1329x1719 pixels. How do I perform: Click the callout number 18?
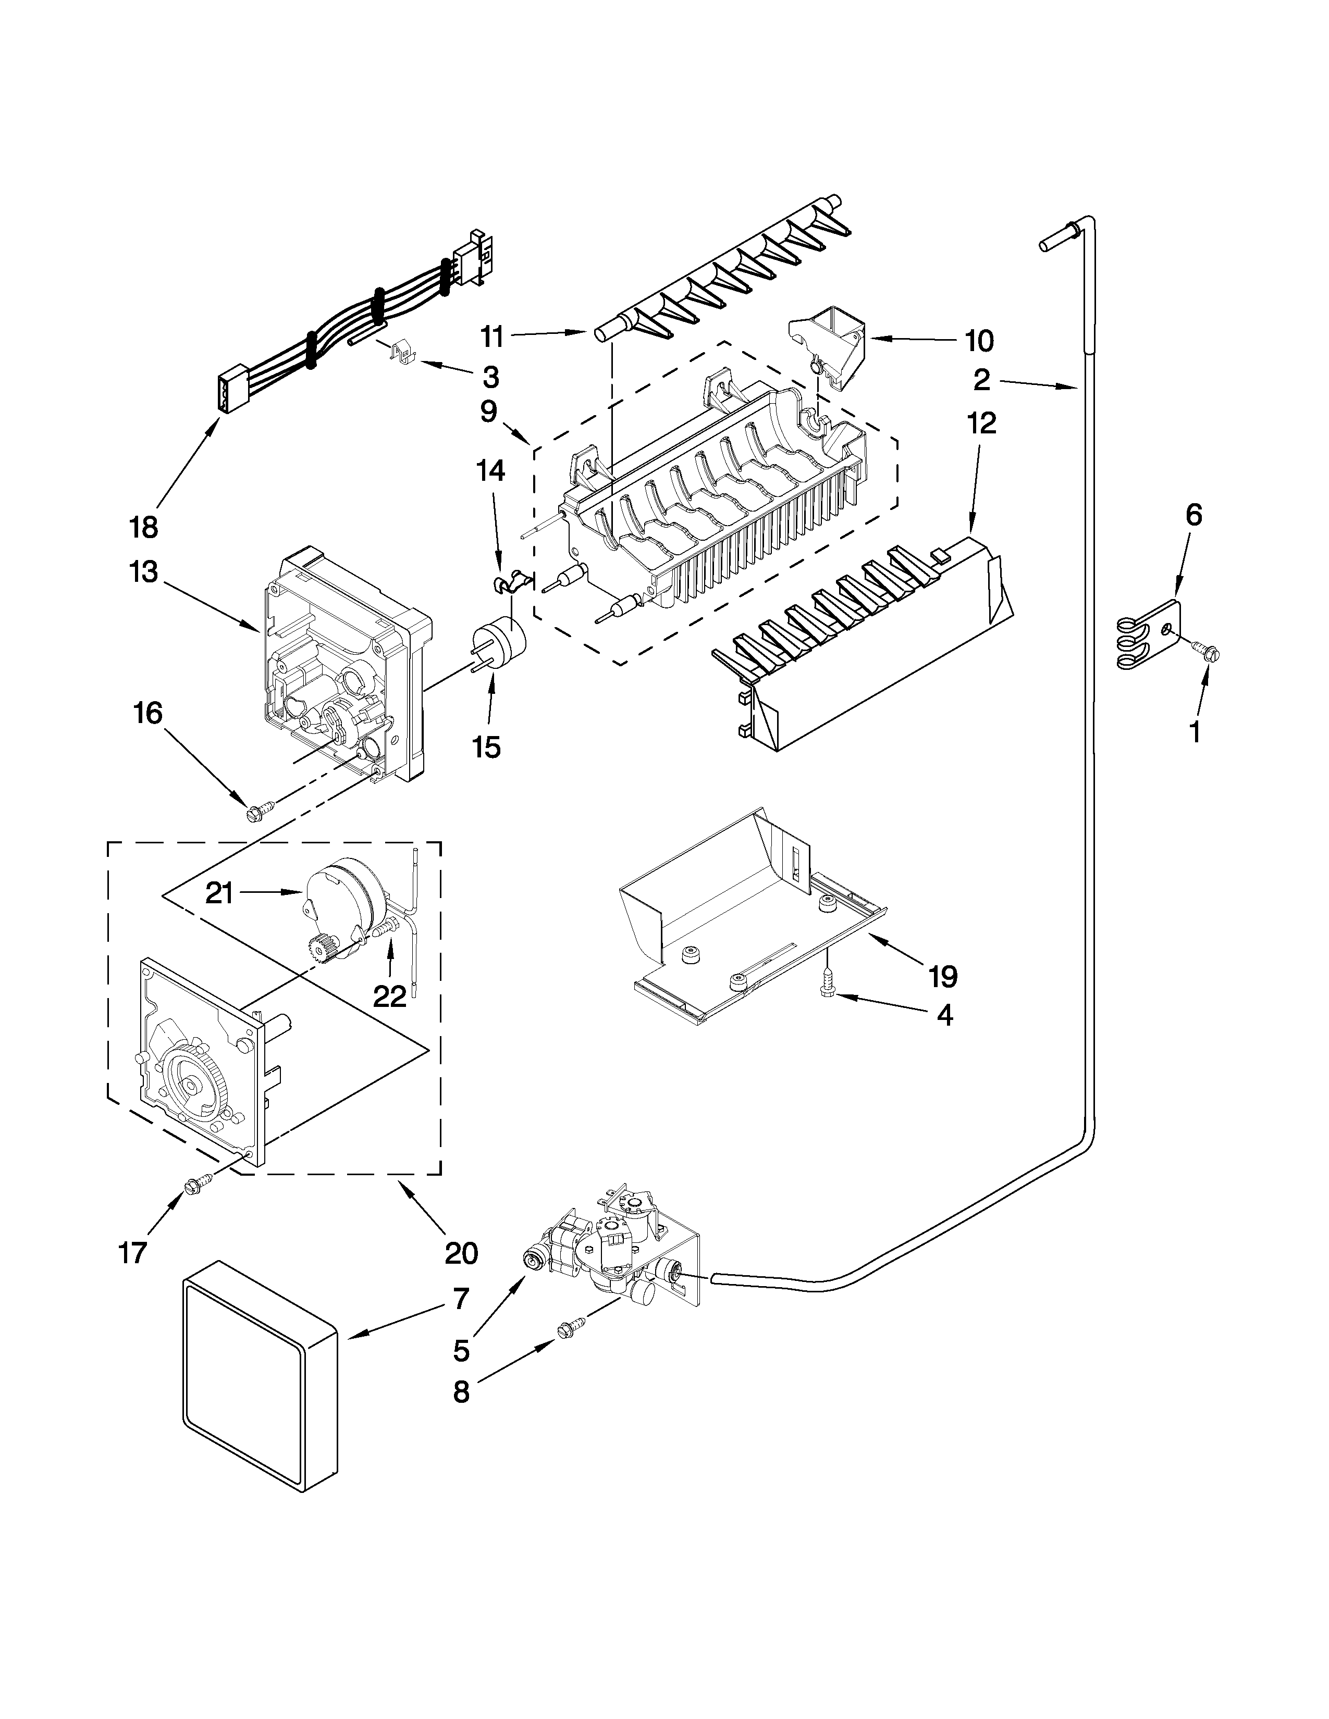(x=144, y=527)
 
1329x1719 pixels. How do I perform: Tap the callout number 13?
(x=144, y=571)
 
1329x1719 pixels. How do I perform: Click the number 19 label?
(x=942, y=976)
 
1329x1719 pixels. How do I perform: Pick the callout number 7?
(x=461, y=1298)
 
